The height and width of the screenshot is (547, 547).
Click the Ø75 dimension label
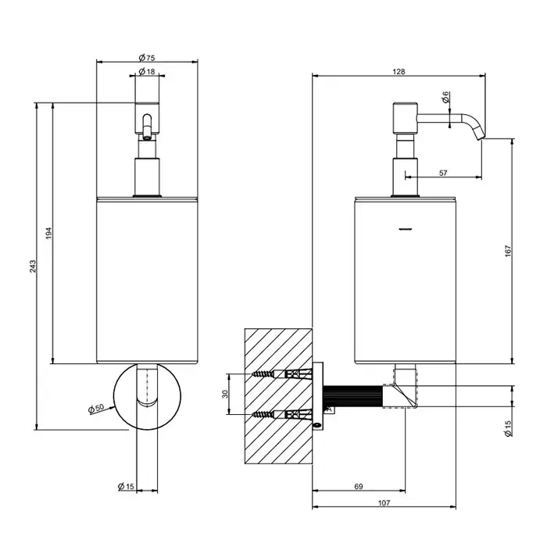click(147, 58)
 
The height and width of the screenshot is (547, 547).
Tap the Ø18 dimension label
click(147, 72)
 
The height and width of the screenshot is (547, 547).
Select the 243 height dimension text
click(33, 266)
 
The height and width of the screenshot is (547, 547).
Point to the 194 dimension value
click(48, 233)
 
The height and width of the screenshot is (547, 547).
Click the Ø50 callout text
click(96, 408)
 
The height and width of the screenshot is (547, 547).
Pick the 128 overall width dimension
click(399, 72)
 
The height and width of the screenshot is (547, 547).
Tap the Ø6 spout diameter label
click(445, 97)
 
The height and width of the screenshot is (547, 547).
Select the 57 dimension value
click(443, 173)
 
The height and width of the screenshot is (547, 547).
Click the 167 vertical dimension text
click(508, 251)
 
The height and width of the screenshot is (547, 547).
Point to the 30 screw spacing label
click(225, 394)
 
